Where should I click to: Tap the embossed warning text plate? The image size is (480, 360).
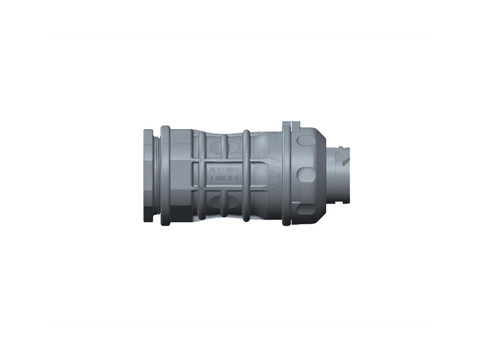tap(223, 175)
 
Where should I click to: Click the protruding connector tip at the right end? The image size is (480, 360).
tap(339, 175)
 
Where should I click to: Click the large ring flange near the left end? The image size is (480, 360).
tap(166, 175)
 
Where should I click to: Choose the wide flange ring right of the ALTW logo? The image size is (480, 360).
tap(286, 175)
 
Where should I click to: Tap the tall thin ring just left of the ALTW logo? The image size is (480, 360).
tap(246, 175)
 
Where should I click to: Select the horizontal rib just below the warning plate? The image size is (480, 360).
tap(223, 189)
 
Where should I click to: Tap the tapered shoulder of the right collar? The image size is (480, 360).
tap(321, 175)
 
